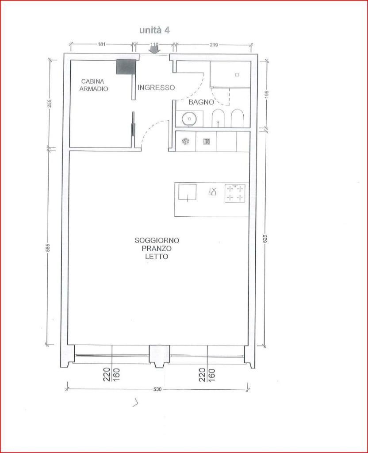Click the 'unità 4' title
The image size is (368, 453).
pyautogui.click(x=154, y=30)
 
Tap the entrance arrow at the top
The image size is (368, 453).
pyautogui.click(x=154, y=50)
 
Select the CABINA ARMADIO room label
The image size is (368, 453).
pyautogui.click(x=94, y=85)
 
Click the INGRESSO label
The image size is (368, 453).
pyautogui.click(x=156, y=87)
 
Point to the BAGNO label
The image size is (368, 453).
pyautogui.click(x=201, y=102)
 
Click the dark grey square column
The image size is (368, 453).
pyautogui.click(x=126, y=67)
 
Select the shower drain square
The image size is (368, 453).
pyautogui.click(x=237, y=75)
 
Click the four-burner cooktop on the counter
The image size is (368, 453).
pyautogui.click(x=234, y=193)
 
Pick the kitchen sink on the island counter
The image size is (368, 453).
pyautogui.click(x=187, y=192)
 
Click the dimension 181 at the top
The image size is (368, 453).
pyautogui.click(x=102, y=44)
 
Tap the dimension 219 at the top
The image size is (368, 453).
pyautogui.click(x=214, y=45)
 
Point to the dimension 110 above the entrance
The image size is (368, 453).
pyautogui.click(x=154, y=44)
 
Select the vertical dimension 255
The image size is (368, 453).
pyautogui.click(x=49, y=104)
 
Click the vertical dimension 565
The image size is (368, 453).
pyautogui.click(x=48, y=248)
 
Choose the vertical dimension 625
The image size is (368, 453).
pyautogui.click(x=265, y=238)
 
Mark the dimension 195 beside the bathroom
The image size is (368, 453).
pyautogui.click(x=266, y=94)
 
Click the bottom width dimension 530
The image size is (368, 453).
pyautogui.click(x=157, y=389)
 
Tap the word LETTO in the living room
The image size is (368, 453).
pyautogui.click(x=157, y=256)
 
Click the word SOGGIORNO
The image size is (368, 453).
pyautogui.click(x=157, y=240)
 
